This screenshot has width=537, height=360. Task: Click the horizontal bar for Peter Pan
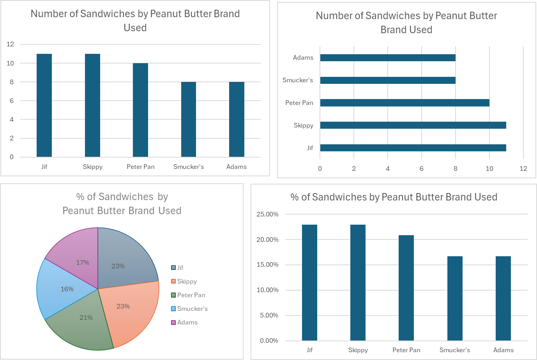pos(405,103)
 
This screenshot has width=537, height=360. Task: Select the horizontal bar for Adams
pos(388,58)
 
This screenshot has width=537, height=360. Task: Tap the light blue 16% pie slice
pos(62,289)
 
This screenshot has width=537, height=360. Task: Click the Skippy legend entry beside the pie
pos(187,281)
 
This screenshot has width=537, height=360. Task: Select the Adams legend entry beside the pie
pos(187,322)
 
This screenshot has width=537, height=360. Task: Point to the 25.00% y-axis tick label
pos(267,214)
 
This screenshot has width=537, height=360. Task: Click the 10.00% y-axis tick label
pos(267,290)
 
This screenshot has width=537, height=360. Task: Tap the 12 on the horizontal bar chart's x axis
pos(523,168)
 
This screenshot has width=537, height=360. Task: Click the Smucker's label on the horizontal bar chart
pos(298,80)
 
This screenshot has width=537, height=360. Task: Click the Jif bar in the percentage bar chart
pos(309,282)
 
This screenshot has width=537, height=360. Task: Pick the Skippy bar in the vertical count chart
pos(92,105)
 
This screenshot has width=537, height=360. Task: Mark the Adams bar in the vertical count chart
pos(237,119)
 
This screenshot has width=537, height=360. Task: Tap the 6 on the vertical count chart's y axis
pos(12,101)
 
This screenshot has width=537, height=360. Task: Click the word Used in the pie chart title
pos(170,211)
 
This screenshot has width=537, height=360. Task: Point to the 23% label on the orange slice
pos(123,306)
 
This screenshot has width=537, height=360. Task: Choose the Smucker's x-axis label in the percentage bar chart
pos(455,350)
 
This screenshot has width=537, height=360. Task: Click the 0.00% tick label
pos(269,340)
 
